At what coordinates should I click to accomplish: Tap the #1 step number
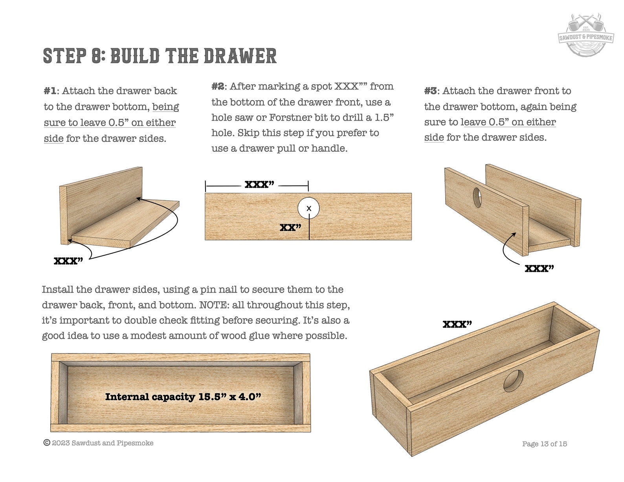50,91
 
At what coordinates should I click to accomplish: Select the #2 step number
218,86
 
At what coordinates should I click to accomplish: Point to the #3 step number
430,91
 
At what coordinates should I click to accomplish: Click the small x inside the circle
309,209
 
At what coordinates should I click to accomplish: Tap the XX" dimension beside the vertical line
290,227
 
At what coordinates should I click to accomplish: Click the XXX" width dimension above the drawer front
259,184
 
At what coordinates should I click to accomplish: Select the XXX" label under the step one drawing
68,261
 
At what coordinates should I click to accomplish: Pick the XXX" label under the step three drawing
539,268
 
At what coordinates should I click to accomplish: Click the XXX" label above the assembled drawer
457,324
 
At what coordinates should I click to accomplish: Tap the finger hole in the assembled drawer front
513,381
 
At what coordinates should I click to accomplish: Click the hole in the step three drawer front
477,198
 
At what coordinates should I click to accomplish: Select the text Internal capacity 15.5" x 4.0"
183,397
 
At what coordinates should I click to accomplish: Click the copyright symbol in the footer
47,443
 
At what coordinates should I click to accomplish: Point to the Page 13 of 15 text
544,444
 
